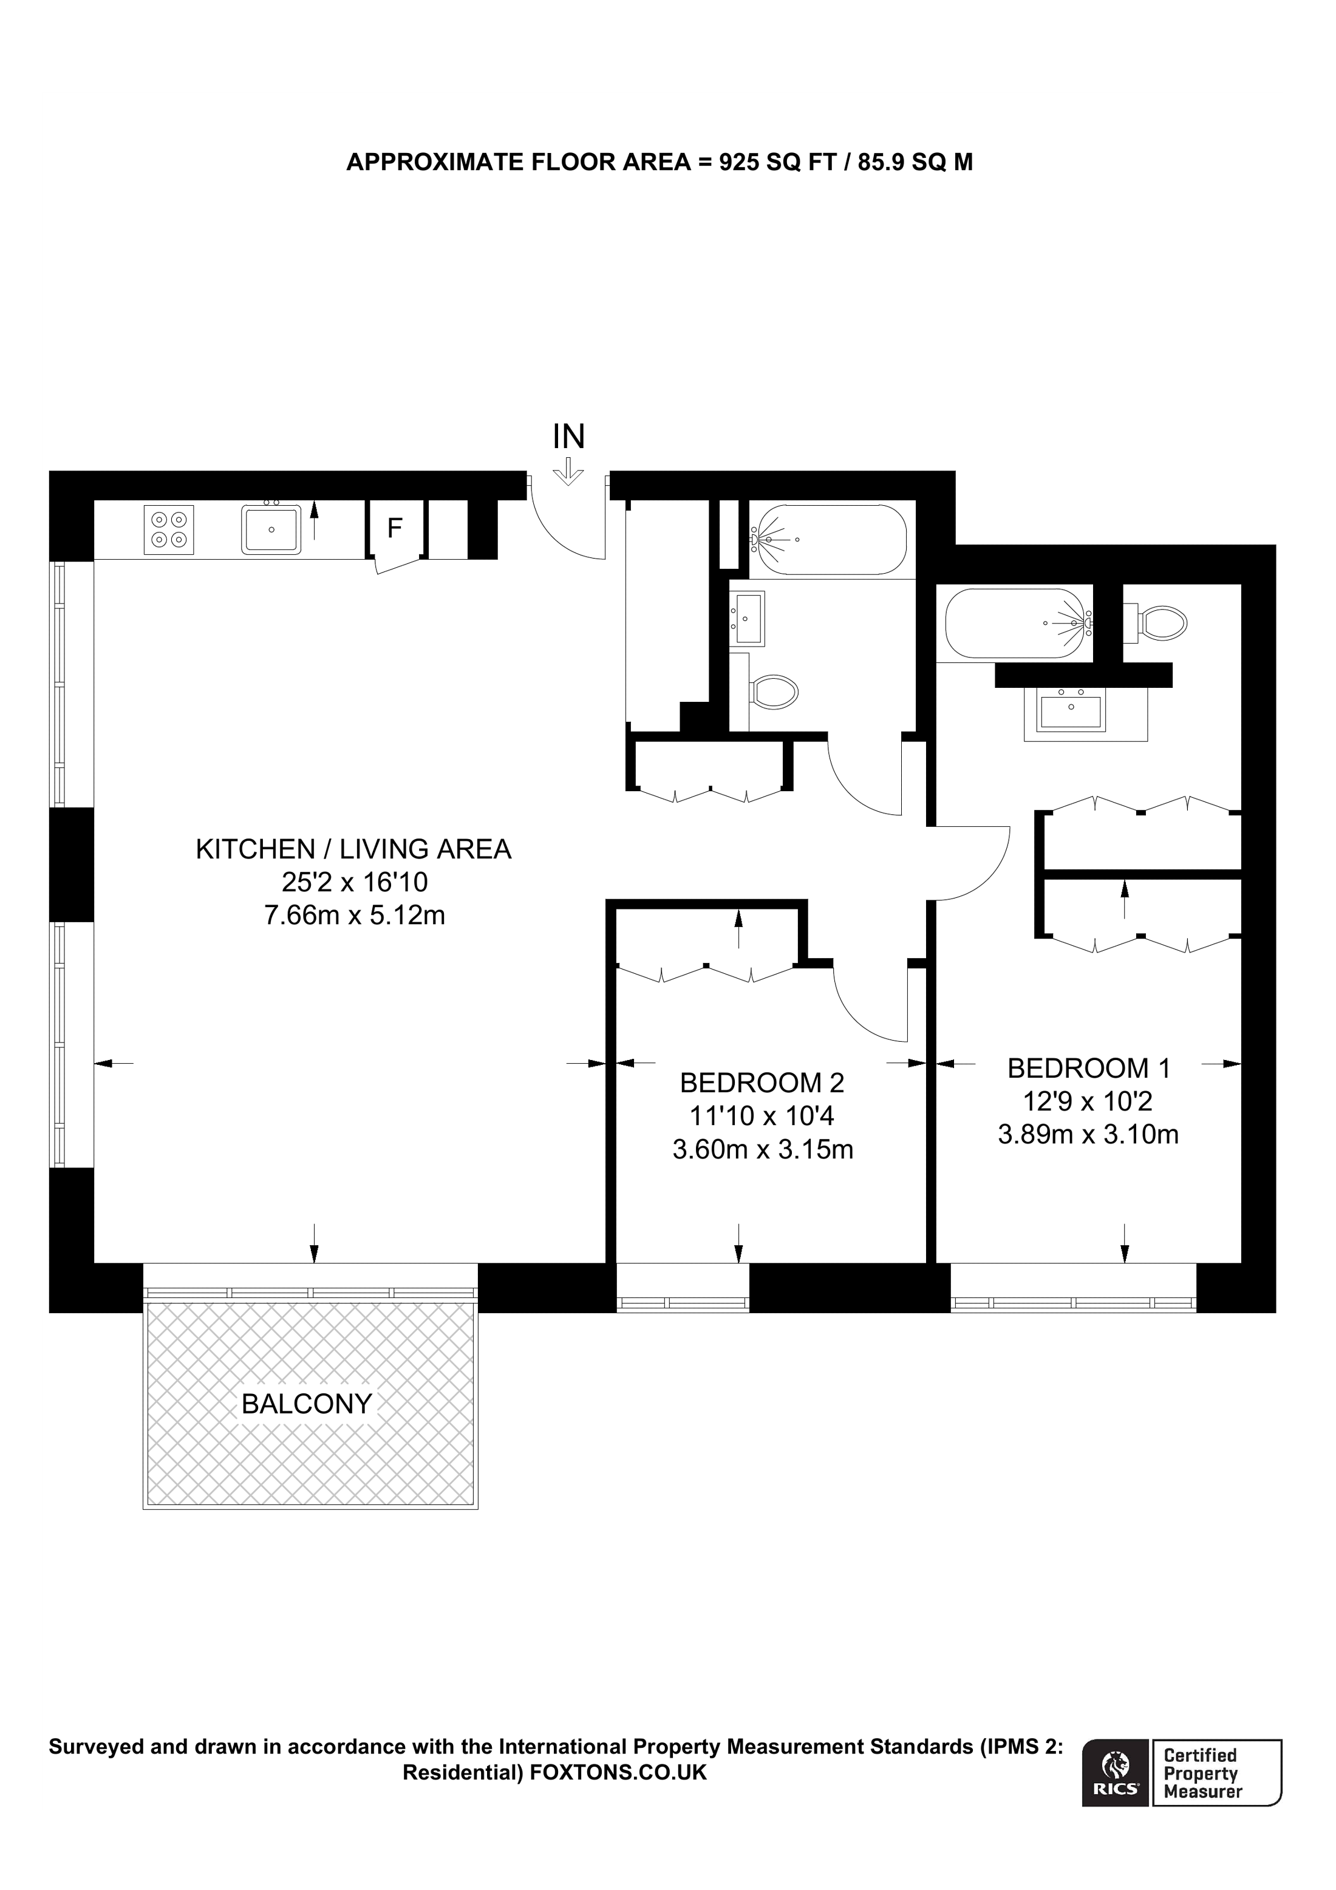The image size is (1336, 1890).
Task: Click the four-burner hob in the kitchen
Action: click(169, 529)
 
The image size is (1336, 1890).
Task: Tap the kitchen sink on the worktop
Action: click(271, 529)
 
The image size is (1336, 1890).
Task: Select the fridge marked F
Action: click(395, 528)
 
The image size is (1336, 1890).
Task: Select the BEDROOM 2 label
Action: click(762, 1083)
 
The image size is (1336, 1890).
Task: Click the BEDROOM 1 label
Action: click(1088, 1069)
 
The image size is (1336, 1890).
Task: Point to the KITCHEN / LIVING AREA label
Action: click(353, 849)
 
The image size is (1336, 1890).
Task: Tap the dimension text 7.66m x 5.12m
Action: click(354, 916)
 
